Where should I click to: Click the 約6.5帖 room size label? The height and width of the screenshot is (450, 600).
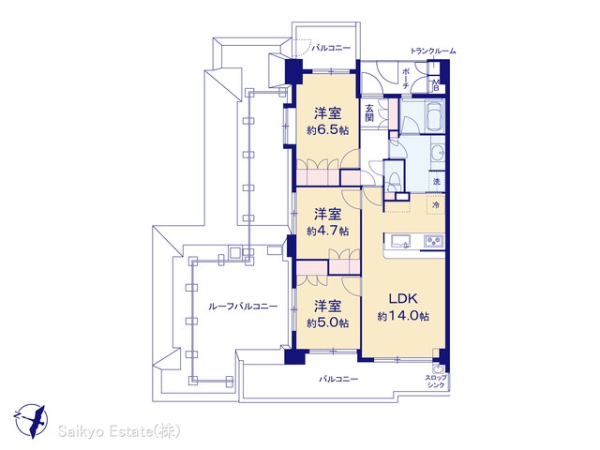coord(327,130)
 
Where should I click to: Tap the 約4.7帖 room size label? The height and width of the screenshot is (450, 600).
coord(327,232)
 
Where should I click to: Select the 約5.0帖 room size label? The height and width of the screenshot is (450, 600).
coord(327,323)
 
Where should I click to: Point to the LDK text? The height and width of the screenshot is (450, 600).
coord(403,298)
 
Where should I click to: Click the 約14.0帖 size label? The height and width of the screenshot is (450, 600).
coord(403,317)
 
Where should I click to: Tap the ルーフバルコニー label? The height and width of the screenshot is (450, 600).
coord(243,307)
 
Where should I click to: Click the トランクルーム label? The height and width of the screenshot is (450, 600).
coord(433,51)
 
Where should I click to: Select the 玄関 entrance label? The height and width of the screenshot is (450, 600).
coord(368,112)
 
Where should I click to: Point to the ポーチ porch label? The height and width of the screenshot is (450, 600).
coord(406,79)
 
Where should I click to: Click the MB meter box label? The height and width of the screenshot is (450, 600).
coord(436,84)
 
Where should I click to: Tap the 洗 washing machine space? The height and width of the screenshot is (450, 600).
coord(437,181)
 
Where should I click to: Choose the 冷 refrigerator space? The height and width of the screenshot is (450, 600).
coord(436,205)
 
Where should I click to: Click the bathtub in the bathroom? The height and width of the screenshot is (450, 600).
coord(433,113)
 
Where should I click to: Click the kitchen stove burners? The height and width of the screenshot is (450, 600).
coord(433,241)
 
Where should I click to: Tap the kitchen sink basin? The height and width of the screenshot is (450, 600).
coord(400,241)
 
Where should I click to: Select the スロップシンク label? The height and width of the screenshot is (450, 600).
coord(435,382)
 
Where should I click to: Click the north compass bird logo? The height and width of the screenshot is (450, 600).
coord(31,420)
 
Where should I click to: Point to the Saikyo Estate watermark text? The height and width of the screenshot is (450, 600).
coord(119,432)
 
